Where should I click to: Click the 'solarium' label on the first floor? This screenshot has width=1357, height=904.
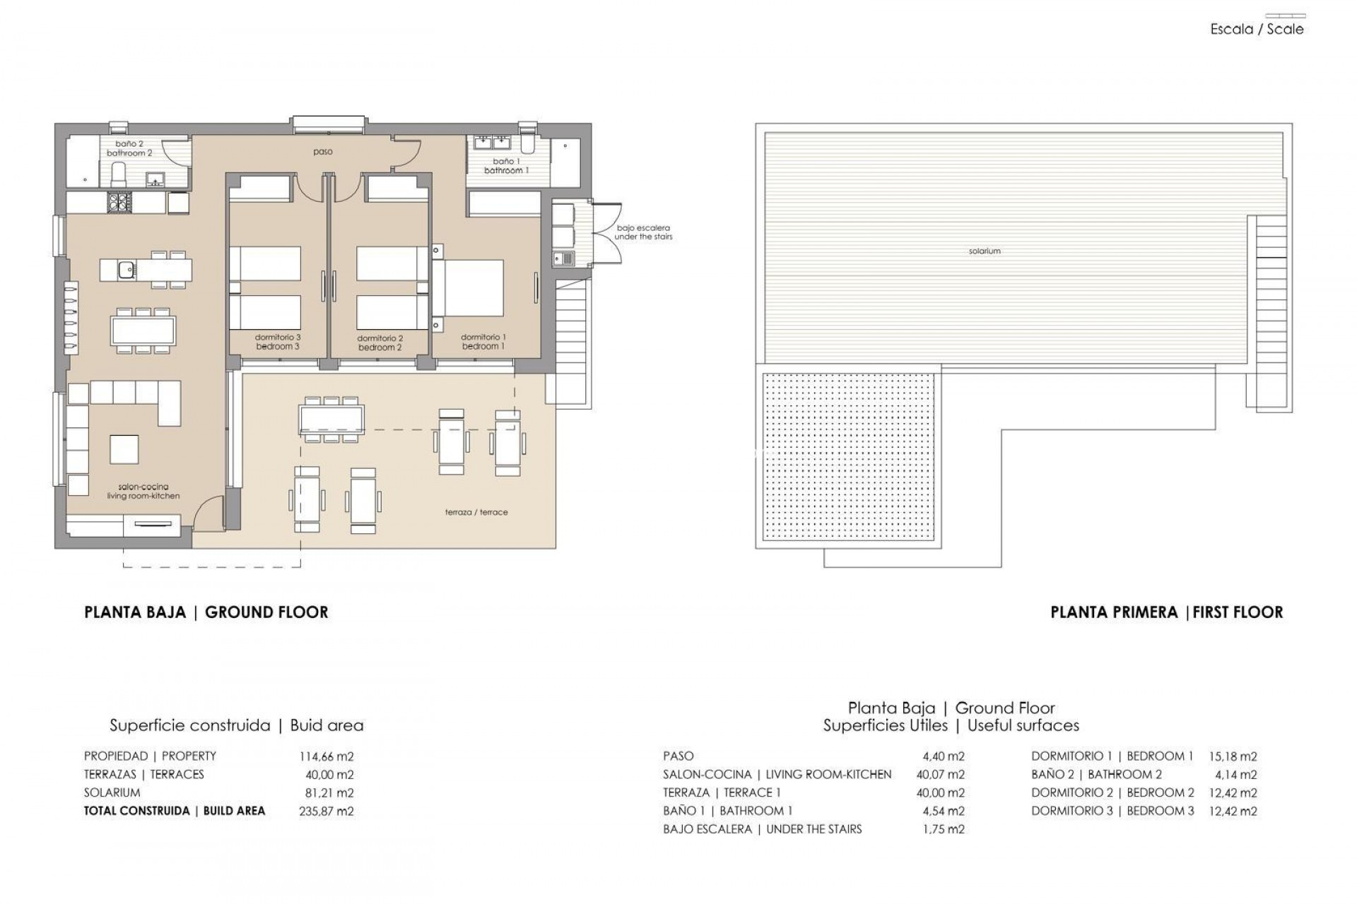pos(985,251)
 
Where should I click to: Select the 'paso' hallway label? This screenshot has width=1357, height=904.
pos(323,152)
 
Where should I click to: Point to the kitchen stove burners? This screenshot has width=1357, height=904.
pos(118,203)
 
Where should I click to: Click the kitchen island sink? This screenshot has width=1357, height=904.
pos(127,269)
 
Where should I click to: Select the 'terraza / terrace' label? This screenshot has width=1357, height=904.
pos(476,512)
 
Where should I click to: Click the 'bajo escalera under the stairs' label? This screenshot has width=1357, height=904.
pos(643,232)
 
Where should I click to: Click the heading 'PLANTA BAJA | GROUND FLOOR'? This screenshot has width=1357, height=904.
pos(206,612)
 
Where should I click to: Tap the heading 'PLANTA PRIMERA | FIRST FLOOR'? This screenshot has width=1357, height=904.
pos(1166,612)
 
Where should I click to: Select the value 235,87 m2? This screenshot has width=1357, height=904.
pos(326,811)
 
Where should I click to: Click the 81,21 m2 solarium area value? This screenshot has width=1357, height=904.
pos(326,793)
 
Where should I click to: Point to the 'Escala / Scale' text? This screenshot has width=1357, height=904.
pos(1257,30)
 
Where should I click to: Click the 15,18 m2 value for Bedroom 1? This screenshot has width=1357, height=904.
pos(1233,756)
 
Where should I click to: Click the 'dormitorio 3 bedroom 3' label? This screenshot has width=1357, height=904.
pos(278,342)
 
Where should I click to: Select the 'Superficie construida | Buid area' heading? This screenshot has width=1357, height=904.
pos(236,725)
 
